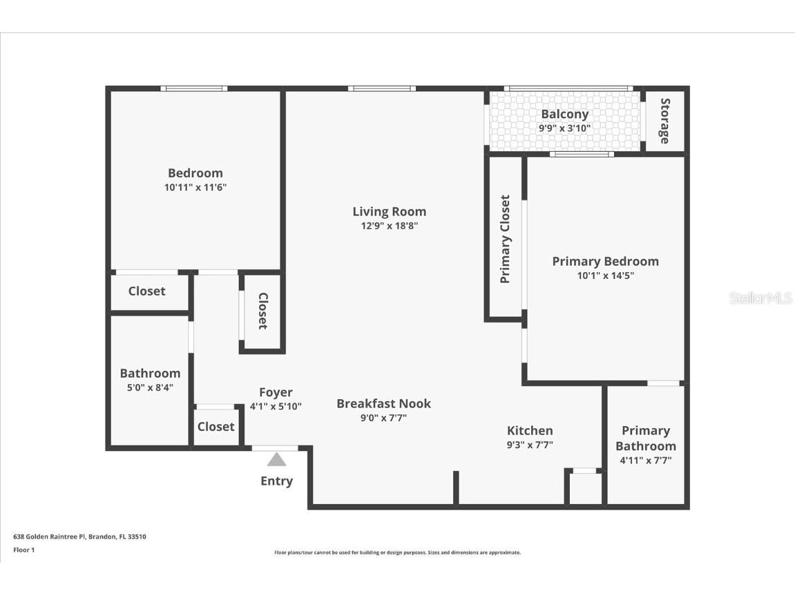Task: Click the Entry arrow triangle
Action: coord(276,460)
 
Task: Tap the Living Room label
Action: coord(389,212)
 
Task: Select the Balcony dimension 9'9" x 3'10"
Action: coord(564,128)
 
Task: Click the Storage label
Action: coord(664,121)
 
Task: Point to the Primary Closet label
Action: coord(505,239)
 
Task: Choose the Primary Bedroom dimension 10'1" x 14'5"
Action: coord(605,276)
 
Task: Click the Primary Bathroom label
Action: coord(645,438)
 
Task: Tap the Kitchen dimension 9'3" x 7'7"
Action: coord(530,445)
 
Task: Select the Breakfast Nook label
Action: coord(383,403)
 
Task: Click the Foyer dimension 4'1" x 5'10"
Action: coord(276,407)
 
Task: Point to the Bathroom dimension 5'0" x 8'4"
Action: coord(150,388)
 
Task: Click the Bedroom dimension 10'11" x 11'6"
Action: coord(195,187)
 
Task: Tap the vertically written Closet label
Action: coord(262,311)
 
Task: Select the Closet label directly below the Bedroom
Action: coord(146,291)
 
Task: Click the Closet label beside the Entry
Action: coord(215,427)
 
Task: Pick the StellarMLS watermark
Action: coord(760,298)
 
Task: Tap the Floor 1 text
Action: coord(23,550)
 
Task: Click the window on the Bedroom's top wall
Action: coord(194,88)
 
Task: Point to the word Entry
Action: coord(276,481)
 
